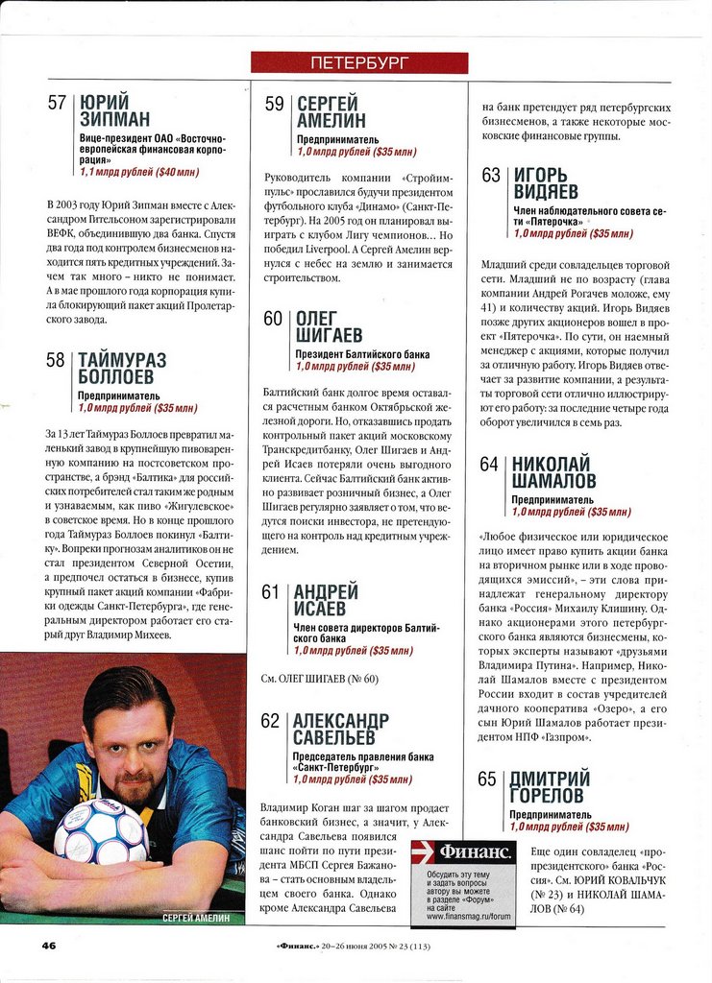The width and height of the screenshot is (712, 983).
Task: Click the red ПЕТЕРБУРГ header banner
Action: pyautogui.click(x=359, y=63)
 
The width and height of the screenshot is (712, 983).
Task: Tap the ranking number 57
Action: pyautogui.click(x=57, y=104)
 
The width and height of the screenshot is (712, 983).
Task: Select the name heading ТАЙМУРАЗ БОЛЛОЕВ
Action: pyautogui.click(x=122, y=369)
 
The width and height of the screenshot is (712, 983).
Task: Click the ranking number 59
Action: pyautogui.click(x=275, y=105)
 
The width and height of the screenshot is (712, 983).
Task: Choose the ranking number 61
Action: pyautogui.click(x=271, y=592)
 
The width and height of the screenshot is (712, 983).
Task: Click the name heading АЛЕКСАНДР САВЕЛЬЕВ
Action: pyautogui.click(x=341, y=731)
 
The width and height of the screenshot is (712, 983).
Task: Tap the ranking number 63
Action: pyautogui.click(x=491, y=176)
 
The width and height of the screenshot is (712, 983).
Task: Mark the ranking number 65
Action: pyautogui.click(x=489, y=779)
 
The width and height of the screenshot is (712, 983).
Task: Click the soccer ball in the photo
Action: pyautogui.click(x=100, y=830)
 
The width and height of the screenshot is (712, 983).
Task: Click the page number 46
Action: pyautogui.click(x=49, y=945)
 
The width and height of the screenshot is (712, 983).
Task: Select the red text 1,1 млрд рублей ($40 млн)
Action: pyautogui.click(x=139, y=172)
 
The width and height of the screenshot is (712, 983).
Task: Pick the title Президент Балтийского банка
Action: pyautogui.click(x=362, y=354)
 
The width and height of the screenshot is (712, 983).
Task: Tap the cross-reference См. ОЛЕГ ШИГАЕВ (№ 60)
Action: pyautogui.click(x=320, y=679)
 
